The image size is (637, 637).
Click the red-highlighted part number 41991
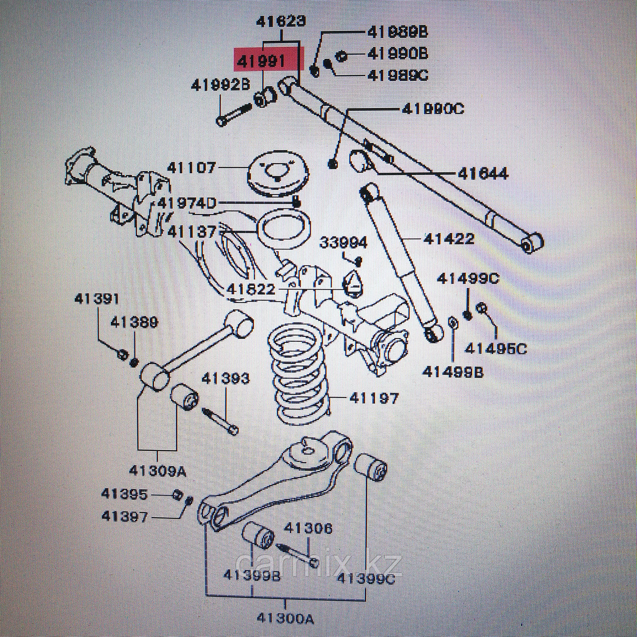261,62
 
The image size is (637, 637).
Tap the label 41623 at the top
281,22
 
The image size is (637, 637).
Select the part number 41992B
220,86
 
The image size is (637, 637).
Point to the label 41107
192,168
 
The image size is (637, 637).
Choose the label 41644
483,173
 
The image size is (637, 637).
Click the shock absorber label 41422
449,239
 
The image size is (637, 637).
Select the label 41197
374,398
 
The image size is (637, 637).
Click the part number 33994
343,243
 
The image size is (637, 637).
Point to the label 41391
97,299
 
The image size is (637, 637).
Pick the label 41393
225,379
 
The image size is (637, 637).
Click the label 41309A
157,470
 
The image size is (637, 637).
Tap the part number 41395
124,494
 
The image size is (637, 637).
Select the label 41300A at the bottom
286,619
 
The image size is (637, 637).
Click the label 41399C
366,579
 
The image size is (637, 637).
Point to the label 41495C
495,349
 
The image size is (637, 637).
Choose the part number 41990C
432,108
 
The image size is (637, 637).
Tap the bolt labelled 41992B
234,114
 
